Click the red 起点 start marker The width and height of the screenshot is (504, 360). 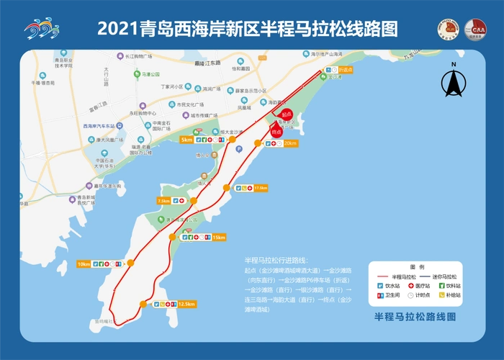click(286, 114)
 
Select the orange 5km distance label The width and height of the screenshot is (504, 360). click(187, 140)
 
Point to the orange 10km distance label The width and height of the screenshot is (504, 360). click(84, 264)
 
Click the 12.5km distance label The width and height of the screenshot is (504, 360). click(186, 304)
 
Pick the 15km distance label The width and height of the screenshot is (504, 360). click(219, 237)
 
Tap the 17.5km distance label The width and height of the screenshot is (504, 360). click(260, 188)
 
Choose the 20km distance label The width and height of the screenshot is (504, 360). click(289, 143)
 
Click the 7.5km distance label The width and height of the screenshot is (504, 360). click(163, 201)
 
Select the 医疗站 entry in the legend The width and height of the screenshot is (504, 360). click(418, 286)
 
